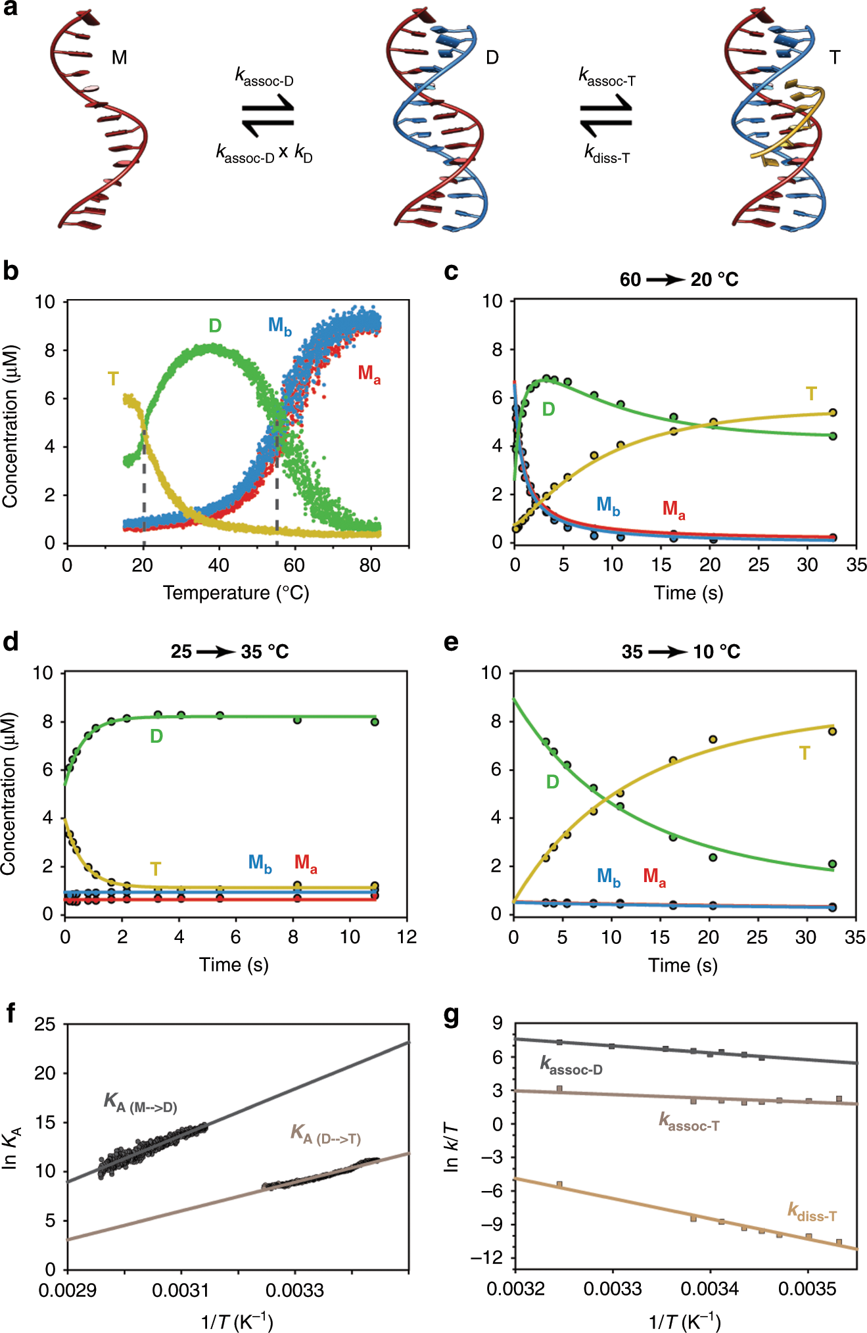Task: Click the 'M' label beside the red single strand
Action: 119,58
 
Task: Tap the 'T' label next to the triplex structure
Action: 834,58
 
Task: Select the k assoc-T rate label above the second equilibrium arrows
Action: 606,77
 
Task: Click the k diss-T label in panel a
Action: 607,154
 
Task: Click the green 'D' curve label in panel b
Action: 215,325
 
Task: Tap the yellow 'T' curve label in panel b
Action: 113,379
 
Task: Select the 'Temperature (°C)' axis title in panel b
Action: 236,593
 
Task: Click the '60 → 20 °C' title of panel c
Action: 679,280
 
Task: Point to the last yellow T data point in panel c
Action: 833,413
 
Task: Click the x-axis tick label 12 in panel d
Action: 407,937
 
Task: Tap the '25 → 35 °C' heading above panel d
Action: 229,652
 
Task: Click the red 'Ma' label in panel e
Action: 654,877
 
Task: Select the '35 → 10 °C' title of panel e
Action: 681,652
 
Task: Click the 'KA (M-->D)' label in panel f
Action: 140,1102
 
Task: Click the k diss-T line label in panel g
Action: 812,1212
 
